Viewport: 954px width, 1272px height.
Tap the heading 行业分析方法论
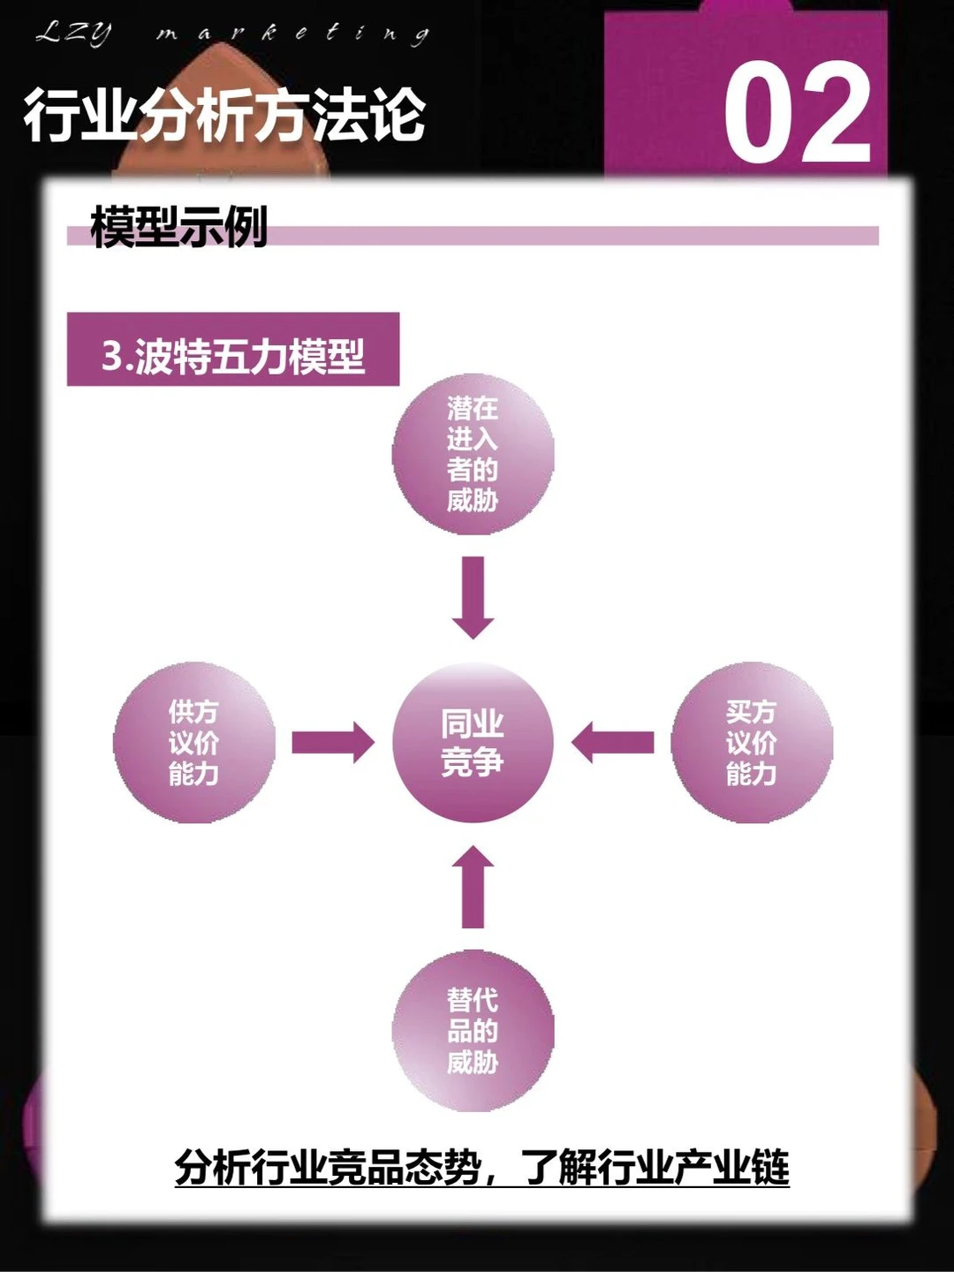coord(225,116)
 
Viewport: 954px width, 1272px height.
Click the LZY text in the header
coord(74,34)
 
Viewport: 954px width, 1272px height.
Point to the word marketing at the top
coord(292,34)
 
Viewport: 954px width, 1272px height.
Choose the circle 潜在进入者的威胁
coord(473,455)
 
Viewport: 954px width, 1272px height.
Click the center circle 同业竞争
coord(473,743)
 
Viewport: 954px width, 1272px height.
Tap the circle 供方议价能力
coord(193,743)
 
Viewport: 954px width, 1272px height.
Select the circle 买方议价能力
coord(752,743)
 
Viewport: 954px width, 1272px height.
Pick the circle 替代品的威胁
coord(473,1031)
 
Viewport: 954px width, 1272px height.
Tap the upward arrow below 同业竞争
coord(473,888)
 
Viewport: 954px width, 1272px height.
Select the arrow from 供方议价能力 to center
coord(333,742)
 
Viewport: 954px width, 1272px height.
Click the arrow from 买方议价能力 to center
coord(613,742)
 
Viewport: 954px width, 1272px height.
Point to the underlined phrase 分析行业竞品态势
coord(328,1168)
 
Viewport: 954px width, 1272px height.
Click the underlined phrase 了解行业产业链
coord(655,1168)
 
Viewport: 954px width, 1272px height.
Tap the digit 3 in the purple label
coord(112,356)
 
